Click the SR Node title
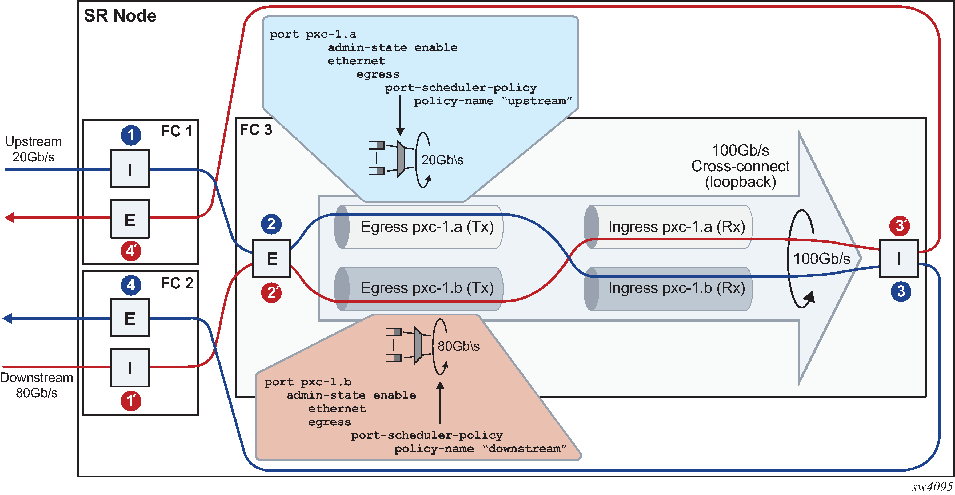click(120, 16)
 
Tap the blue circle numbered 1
click(131, 135)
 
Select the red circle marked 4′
click(131, 251)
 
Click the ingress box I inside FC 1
click(130, 169)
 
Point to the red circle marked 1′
click(131, 401)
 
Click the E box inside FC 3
click(271, 259)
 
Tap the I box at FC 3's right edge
click(899, 259)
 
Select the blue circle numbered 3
click(901, 291)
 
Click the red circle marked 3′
click(899, 225)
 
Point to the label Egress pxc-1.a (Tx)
click(427, 227)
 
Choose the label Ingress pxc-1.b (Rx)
click(676, 288)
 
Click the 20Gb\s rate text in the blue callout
click(442, 160)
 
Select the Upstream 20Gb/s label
click(33, 149)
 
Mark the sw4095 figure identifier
click(932, 486)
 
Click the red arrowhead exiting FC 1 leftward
click(10, 218)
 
